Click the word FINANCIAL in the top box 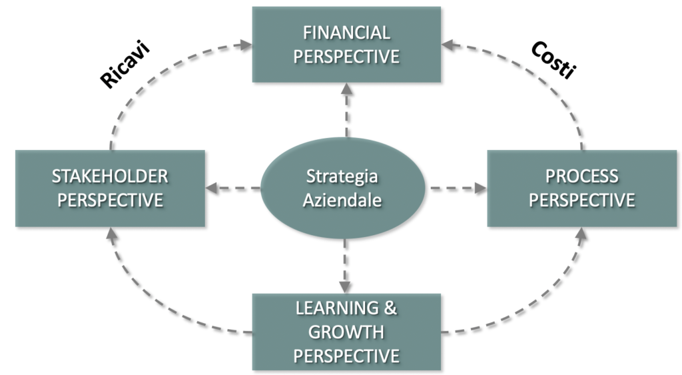pos(346,33)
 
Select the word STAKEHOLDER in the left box pos(111,176)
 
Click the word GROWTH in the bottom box pos(346,331)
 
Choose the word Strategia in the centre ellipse pos(342,177)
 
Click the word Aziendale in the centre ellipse pos(342,200)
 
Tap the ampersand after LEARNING pos(391,308)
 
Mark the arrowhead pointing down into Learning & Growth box pos(346,286)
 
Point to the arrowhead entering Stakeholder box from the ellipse pos(212,188)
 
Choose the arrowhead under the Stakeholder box pos(111,234)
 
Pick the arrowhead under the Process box pos(582,234)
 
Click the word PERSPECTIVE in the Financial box pos(346,56)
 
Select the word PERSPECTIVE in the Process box pos(582,200)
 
